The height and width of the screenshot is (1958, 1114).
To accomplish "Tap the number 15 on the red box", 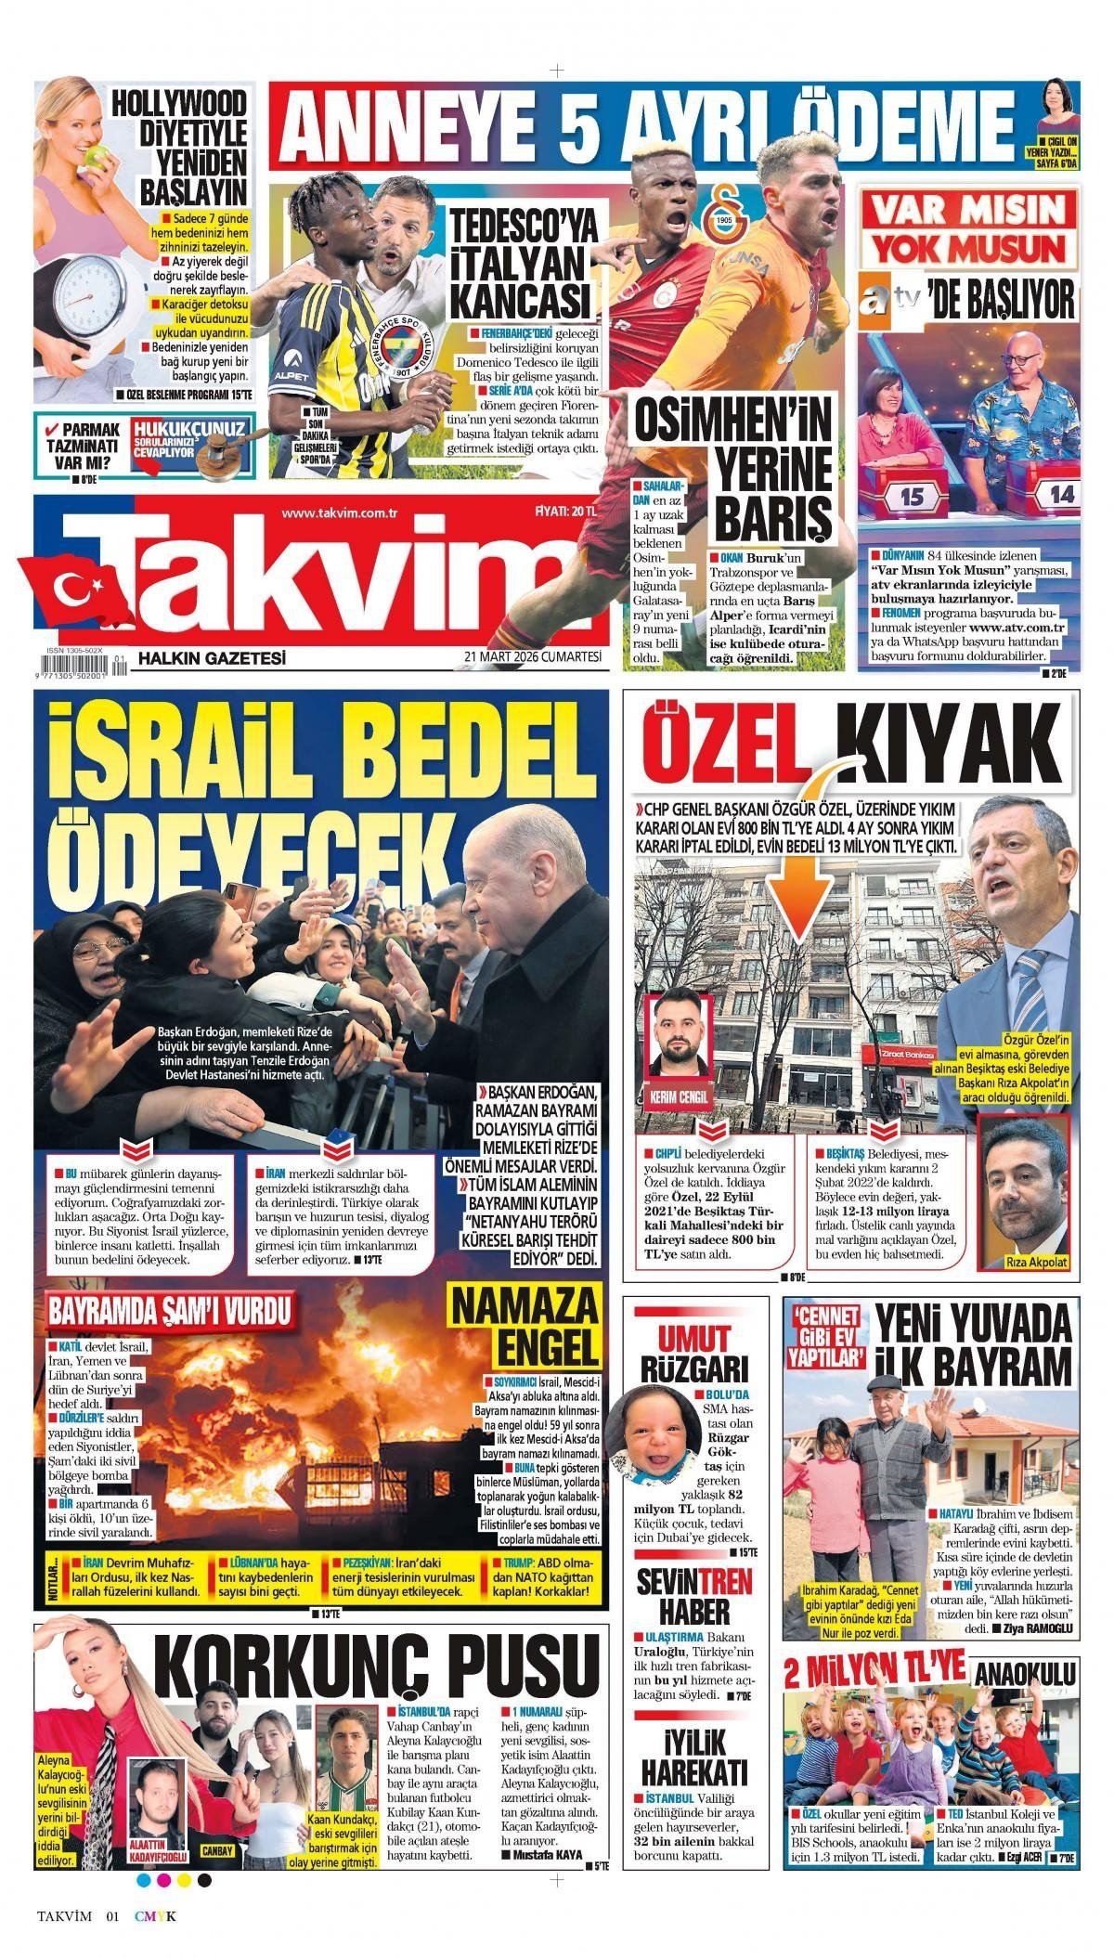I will coord(913,497).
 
